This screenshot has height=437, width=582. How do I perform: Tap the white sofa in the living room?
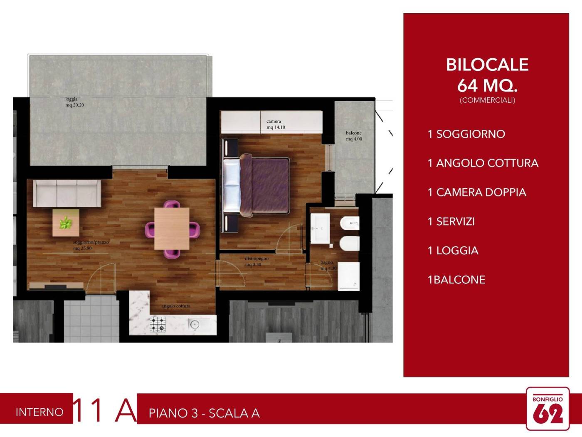[x=67, y=193]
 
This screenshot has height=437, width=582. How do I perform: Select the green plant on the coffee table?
[x=65, y=223]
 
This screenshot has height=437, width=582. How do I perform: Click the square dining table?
[x=172, y=228]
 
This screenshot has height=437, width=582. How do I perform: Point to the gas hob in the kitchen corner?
[x=158, y=324]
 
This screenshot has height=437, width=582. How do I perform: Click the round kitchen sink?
[x=194, y=324]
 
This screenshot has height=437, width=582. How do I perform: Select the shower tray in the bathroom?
[x=348, y=276]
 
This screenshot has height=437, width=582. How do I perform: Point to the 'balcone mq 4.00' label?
[x=354, y=136]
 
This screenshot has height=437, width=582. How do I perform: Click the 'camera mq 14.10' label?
[x=275, y=124]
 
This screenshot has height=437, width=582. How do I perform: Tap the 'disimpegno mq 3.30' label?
[x=256, y=261]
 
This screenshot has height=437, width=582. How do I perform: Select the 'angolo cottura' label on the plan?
[x=176, y=306]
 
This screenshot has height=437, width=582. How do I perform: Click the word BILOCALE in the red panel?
[x=487, y=65]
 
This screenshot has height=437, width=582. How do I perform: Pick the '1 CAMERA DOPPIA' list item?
[x=477, y=192]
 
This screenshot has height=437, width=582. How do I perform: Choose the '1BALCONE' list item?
[x=456, y=280]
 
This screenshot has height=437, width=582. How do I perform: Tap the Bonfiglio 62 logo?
[x=547, y=409]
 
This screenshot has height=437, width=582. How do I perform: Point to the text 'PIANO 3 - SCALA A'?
[x=204, y=413]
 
